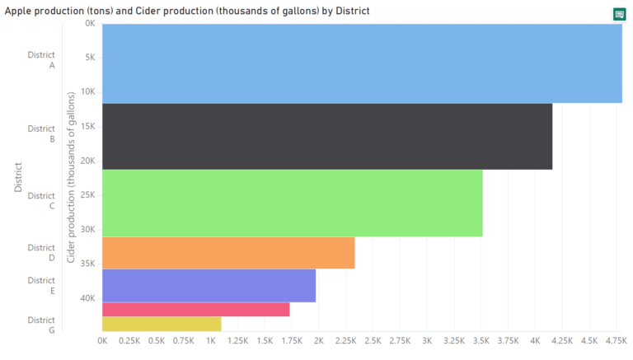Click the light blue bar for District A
click(362, 63)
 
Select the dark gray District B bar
click(327, 137)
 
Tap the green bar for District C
click(293, 203)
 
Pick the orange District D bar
click(228, 253)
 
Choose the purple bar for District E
click(209, 286)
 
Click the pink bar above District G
click(196, 310)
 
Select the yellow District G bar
click(162, 325)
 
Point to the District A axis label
click(41, 59)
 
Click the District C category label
click(41, 201)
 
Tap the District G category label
click(41, 325)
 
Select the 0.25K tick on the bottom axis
click(129, 340)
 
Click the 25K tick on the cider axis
click(87, 194)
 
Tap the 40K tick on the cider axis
click(87, 297)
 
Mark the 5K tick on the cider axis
click(89, 57)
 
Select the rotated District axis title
click(18, 177)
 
